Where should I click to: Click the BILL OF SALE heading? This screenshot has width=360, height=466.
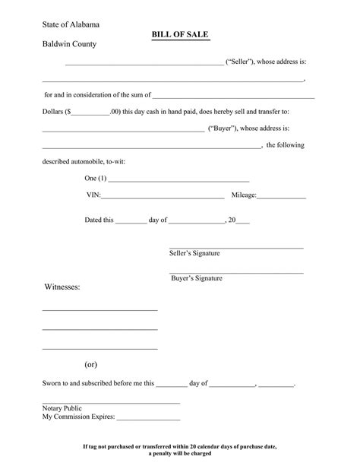(181, 35)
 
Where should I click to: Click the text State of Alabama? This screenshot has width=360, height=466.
(71, 25)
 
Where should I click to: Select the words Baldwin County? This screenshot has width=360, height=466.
(69, 44)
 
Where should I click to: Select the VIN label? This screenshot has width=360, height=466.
(93, 195)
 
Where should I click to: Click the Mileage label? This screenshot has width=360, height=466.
(244, 195)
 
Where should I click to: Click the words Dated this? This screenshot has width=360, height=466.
(99, 220)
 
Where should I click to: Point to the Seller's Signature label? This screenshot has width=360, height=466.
(194, 253)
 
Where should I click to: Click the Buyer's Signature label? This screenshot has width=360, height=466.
(197, 278)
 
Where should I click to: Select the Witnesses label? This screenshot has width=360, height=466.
(61, 287)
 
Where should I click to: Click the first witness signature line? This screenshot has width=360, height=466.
(99, 310)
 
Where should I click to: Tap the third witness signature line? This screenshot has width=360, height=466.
(99, 348)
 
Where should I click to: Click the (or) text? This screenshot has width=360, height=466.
(90, 365)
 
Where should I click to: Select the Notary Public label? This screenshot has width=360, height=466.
(62, 408)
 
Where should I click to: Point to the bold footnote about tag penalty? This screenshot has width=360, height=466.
(180, 449)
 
